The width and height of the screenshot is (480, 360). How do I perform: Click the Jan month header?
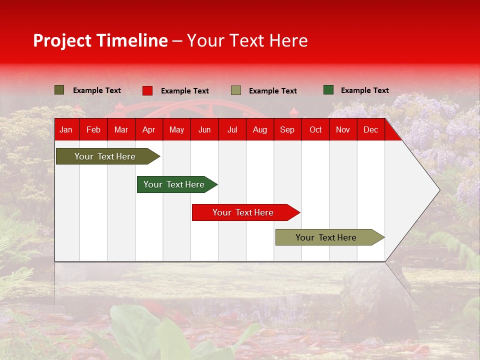[x=66, y=130]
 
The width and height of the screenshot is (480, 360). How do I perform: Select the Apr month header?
[x=148, y=130]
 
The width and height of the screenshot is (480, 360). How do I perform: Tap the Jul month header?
[x=232, y=130]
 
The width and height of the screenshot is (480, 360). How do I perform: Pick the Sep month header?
[x=287, y=130]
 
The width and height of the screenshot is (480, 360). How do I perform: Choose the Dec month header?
[x=370, y=130]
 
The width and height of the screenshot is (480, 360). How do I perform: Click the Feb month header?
[x=93, y=130]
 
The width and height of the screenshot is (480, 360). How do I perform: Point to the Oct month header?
[x=315, y=130]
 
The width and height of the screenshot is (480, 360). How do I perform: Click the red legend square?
[x=147, y=90]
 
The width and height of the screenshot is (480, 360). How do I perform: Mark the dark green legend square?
[x=328, y=90]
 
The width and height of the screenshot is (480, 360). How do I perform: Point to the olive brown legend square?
[x=59, y=90]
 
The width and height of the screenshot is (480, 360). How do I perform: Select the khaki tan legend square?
[x=236, y=90]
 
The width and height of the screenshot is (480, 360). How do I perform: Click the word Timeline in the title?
[x=131, y=40]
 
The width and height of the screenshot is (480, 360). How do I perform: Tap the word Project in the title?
[x=62, y=40]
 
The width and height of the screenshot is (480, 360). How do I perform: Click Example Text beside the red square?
[x=185, y=91]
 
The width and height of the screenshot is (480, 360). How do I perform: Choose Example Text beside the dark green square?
[x=365, y=90]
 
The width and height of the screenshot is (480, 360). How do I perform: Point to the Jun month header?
[x=204, y=130]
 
